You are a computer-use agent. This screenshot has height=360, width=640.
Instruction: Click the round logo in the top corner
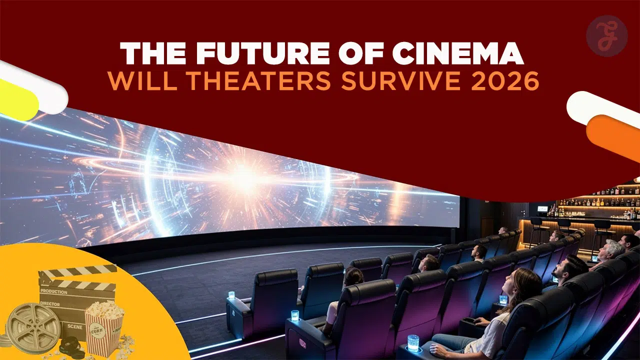(x=606, y=35)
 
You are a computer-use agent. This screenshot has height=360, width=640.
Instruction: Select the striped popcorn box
(x=104, y=327)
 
